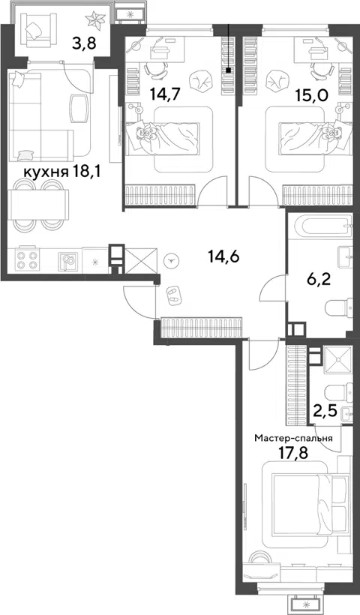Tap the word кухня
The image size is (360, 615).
pos(46,172)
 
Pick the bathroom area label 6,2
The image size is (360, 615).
pos(318,280)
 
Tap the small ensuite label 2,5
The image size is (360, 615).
pos(325,412)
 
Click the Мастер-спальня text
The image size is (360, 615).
pos(293,438)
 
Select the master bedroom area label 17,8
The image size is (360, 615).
pos(293,453)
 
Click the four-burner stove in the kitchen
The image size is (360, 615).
pos(26,259)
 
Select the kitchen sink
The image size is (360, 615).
pos(67,262)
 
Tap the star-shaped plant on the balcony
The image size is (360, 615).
pos(96,20)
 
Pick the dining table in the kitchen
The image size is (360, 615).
pos(38,204)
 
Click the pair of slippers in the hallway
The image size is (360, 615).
pos(172,295)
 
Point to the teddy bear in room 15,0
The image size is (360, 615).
pos(331,131)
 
